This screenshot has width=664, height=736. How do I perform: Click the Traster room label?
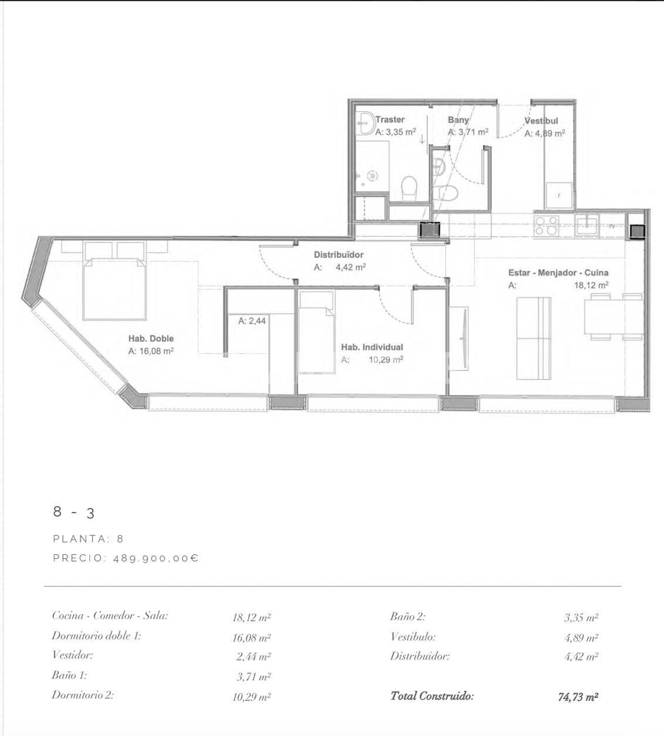pos(390,120)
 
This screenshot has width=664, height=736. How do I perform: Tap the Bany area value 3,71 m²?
pos(468,133)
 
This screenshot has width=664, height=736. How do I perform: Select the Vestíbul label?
pos(541,121)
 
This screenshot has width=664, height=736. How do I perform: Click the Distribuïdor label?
pos(338,255)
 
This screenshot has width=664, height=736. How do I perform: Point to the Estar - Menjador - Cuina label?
pos(558,273)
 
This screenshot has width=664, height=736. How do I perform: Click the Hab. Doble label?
pos(151,339)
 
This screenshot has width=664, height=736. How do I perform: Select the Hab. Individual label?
pos(372,347)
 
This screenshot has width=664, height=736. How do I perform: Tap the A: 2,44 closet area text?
pos(252,321)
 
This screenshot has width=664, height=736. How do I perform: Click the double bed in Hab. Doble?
pos(114,287)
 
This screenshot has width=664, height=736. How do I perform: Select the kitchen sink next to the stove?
pos(587,225)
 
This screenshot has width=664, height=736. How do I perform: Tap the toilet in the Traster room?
pos(408,188)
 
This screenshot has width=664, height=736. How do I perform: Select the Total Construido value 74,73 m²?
pos(578,697)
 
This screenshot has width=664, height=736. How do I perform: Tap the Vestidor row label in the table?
pos(72,655)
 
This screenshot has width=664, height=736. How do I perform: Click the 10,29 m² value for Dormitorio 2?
pos(251,697)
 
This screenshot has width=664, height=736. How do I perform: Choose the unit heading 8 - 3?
pos(73,512)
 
